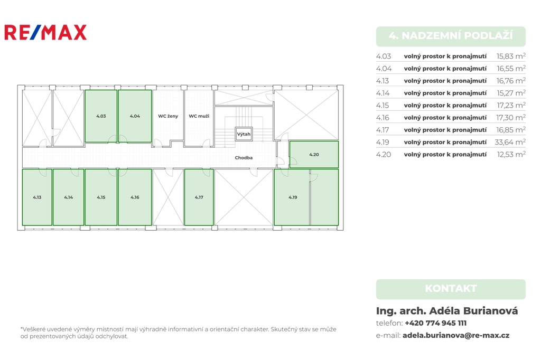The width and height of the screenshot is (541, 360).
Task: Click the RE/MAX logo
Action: pyautogui.click(x=45, y=32)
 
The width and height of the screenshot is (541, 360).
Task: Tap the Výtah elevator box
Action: pyautogui.click(x=244, y=134)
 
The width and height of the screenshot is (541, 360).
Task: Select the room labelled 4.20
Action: pyautogui.click(x=314, y=155)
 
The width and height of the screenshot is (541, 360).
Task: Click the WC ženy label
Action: pyautogui.click(x=168, y=116)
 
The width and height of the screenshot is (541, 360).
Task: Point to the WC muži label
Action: pyautogui.click(x=199, y=116)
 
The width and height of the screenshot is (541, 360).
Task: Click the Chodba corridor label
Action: pyautogui.click(x=244, y=158)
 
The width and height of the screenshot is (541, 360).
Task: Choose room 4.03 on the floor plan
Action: pyautogui.click(x=101, y=116)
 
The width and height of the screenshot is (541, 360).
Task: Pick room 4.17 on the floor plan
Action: pyautogui.click(x=199, y=197)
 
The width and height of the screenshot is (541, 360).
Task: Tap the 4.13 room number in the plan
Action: pyautogui.click(x=37, y=197)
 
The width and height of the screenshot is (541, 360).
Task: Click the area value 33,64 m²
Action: pyautogui.click(x=510, y=142)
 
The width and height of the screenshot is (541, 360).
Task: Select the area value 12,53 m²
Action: pyautogui.click(x=511, y=155)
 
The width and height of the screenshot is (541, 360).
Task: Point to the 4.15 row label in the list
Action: pyautogui.click(x=383, y=105)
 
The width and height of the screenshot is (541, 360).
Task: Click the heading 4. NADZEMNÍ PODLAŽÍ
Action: pyautogui.click(x=451, y=35)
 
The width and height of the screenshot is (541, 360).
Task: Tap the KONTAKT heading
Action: pyautogui.click(x=451, y=288)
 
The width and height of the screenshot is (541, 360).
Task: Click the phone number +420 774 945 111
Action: pyautogui.click(x=435, y=323)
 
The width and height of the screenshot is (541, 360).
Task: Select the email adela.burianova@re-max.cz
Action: pyautogui.click(x=456, y=335)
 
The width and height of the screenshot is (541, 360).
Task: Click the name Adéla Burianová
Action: pyautogui.click(x=473, y=311)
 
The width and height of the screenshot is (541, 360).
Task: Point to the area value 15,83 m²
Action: pyautogui.click(x=511, y=56)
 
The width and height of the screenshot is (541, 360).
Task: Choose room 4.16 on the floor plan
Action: pyautogui.click(x=135, y=197)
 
